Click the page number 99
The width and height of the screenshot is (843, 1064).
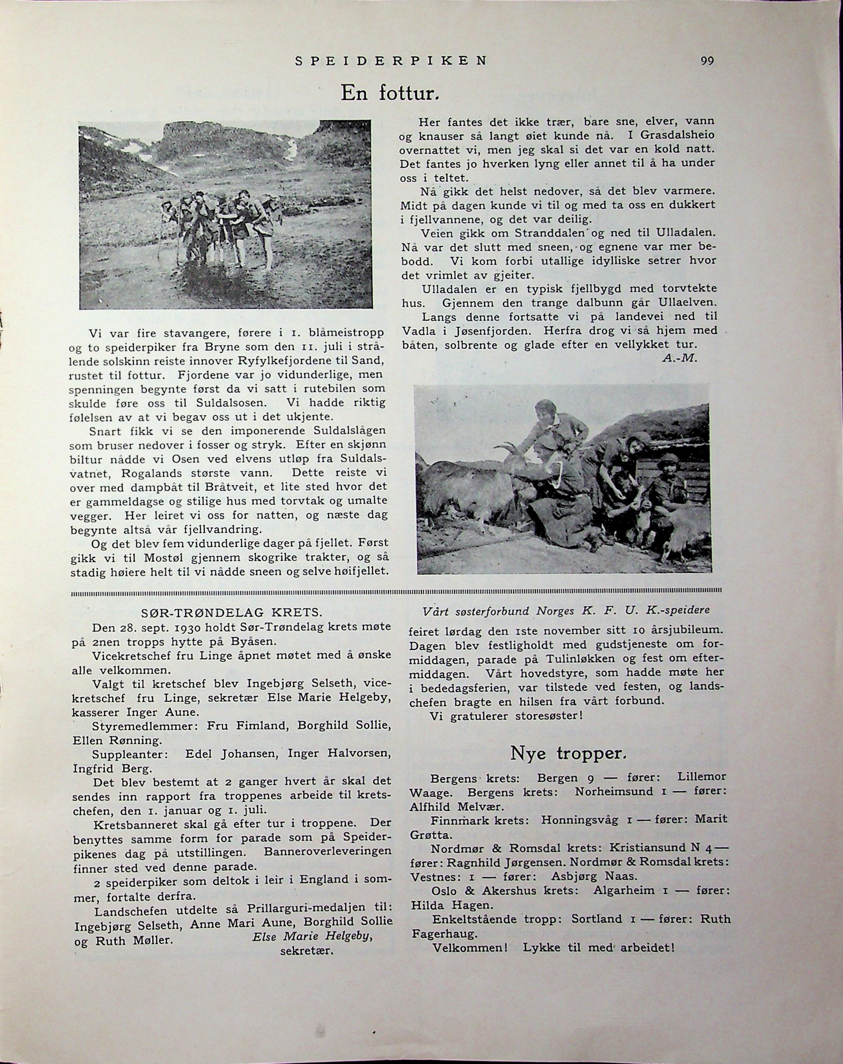[707, 61]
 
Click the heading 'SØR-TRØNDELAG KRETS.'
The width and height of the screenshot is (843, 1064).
[232, 613]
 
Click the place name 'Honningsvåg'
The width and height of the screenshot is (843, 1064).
[579, 819]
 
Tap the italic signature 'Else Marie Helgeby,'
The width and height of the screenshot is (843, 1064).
[312, 936]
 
